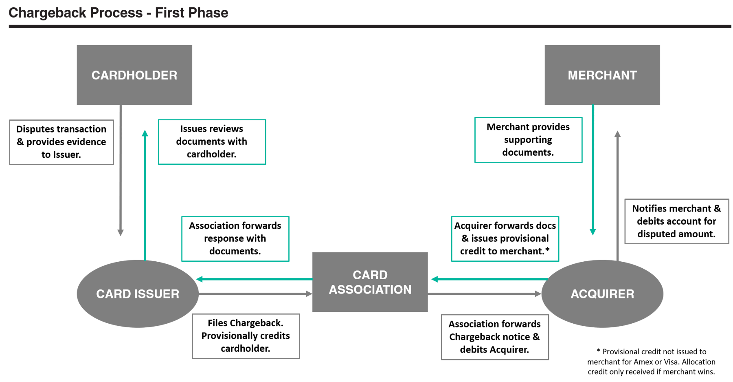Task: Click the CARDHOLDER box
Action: pyautogui.click(x=134, y=75)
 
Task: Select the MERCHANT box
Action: pyautogui.click(x=602, y=75)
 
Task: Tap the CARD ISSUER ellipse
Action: pyautogui.click(x=138, y=294)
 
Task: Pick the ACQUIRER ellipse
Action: pyautogui.click(x=602, y=294)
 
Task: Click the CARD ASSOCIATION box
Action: pyautogui.click(x=370, y=282)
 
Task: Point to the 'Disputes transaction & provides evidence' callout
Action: pyautogui.click(x=61, y=142)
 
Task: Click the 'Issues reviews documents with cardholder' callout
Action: pyautogui.click(x=212, y=141)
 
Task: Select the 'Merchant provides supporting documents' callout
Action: pyautogui.click(x=528, y=139)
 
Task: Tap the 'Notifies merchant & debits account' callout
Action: pyautogui.click(x=676, y=221)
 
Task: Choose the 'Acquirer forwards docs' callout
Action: pyautogui.click(x=505, y=238)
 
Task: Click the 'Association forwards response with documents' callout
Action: pyautogui.click(x=235, y=238)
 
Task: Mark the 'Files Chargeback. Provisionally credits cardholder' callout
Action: pyautogui.click(x=246, y=336)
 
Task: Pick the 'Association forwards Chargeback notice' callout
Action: pyautogui.click(x=495, y=337)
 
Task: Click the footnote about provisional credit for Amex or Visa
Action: pyautogui.click(x=651, y=362)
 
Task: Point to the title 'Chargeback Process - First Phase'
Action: pyautogui.click(x=118, y=13)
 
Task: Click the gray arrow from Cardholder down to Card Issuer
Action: pyautogui.click(x=121, y=171)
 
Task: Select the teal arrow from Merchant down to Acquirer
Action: pyautogui.click(x=593, y=171)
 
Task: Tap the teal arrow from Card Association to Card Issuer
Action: pyautogui.click(x=255, y=279)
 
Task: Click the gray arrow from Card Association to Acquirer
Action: pyautogui.click(x=485, y=294)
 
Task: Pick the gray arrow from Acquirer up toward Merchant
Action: pyautogui.click(x=617, y=196)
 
